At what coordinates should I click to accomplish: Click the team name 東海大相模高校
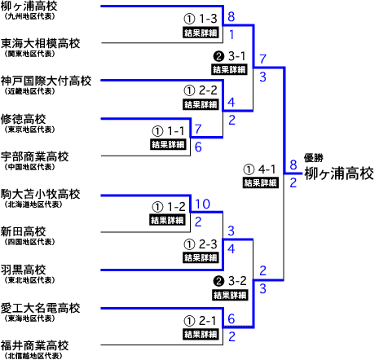tap(40, 43)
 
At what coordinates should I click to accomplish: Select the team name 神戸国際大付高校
tap(46, 81)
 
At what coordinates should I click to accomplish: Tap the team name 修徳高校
tap(23, 119)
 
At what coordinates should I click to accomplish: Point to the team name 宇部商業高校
tap(34, 156)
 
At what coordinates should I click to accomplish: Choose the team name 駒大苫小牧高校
tap(40, 194)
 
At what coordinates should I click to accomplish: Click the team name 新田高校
tap(23, 232)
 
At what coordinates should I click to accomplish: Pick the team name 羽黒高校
tap(23, 270)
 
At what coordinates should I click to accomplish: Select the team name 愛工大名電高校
tap(40, 308)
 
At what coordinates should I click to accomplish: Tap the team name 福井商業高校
tap(34, 345)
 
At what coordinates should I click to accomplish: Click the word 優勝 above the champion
tap(313, 158)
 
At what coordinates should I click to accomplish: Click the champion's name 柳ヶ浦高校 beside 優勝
tap(339, 173)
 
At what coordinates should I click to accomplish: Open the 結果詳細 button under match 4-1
tap(261, 182)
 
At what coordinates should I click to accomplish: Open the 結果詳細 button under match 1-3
tap(201, 33)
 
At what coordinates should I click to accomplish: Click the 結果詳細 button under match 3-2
tap(230, 295)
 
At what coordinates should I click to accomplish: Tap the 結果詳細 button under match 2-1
tap(201, 334)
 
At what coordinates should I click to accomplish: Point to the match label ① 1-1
tap(168, 131)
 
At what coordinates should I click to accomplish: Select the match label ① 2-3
tap(201, 244)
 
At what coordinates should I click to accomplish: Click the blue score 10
tap(203, 204)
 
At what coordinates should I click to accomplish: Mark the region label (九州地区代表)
tap(29, 16)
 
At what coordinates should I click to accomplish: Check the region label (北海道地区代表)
tap(33, 204)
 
